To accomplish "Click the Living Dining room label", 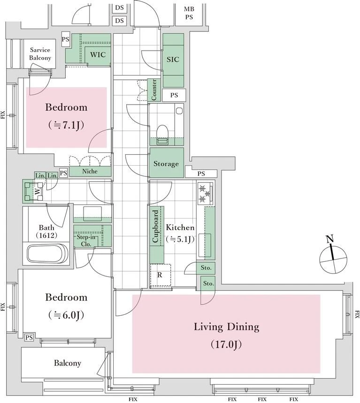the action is [226, 327].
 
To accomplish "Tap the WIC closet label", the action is [98, 54].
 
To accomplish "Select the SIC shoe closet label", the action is [173, 60].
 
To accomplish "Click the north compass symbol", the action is [333, 259].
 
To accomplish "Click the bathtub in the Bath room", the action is [47, 253].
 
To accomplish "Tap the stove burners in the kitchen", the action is [205, 194].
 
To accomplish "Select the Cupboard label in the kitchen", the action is [155, 226].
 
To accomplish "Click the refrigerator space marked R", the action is [160, 275].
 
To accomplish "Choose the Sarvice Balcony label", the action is [40, 53].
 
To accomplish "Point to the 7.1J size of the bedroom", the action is [66, 125].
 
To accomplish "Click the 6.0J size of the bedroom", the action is [66, 315].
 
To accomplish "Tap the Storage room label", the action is [166, 164].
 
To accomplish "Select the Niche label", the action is [90, 171].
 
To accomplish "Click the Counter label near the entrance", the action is [154, 90].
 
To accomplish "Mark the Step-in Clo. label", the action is [86, 241].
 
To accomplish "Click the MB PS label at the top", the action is [189, 13].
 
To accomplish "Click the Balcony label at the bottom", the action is [68, 363].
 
